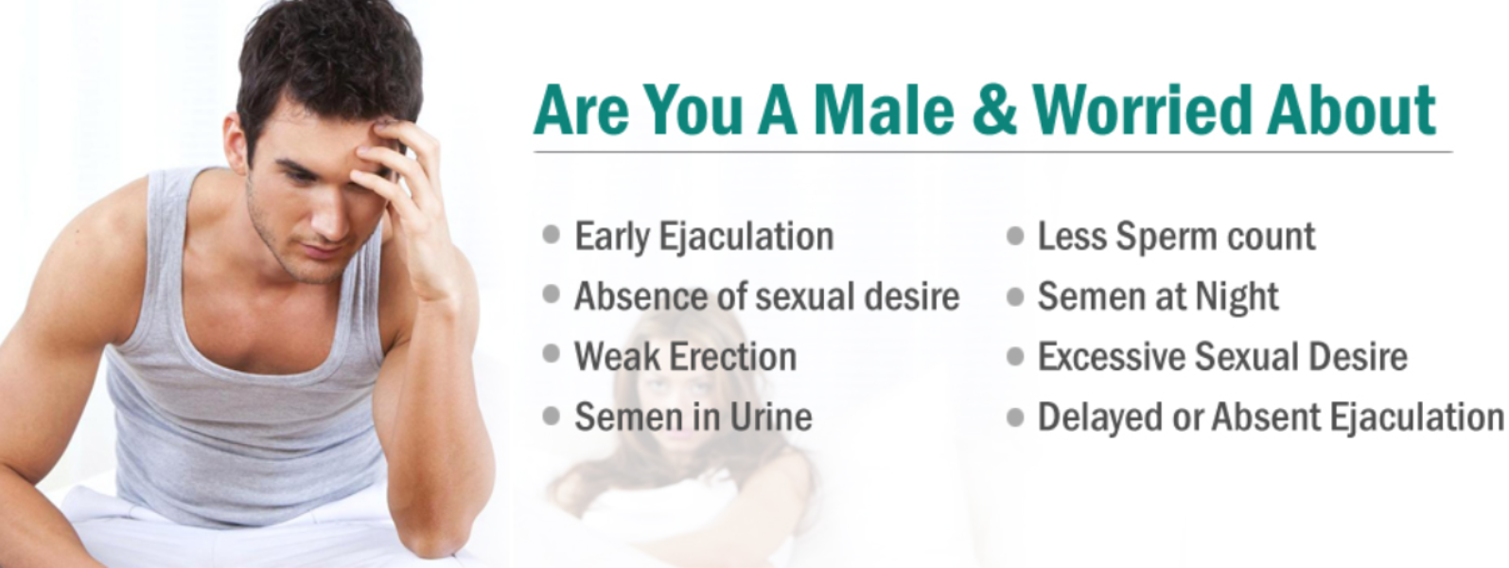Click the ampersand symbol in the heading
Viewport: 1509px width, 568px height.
[x=993, y=109]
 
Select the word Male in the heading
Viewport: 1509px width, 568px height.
[x=884, y=109]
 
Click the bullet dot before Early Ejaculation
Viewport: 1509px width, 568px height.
[x=551, y=235]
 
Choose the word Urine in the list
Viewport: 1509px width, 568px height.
[x=771, y=417]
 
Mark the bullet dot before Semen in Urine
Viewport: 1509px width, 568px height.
[x=551, y=417]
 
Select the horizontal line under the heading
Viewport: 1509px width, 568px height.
[x=992, y=152]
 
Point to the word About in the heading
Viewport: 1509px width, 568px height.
[x=1351, y=109]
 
